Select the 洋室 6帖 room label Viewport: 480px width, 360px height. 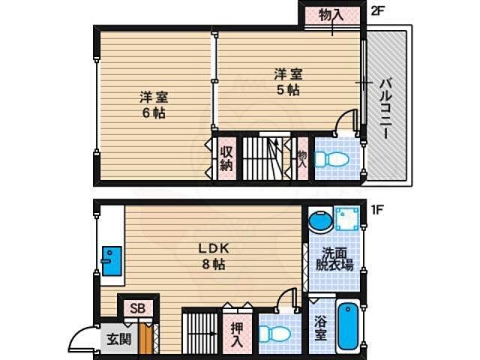pos(152,105)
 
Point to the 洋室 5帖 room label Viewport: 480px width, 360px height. pos(289,81)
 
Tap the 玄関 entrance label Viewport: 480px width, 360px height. pos(118,338)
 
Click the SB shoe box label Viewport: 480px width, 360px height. pos(138,308)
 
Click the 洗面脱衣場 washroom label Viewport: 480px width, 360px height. pos(334,259)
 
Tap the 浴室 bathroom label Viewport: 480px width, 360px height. pos(320,328)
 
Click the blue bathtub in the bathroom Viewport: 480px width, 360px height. pos(349,326)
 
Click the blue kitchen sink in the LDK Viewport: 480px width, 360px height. pos(111,261)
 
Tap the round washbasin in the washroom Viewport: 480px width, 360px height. pos(319,220)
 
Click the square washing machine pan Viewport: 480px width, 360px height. pos(346,218)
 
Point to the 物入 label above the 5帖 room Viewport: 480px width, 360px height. pos(331,15)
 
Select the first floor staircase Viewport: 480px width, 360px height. pos(200,331)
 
